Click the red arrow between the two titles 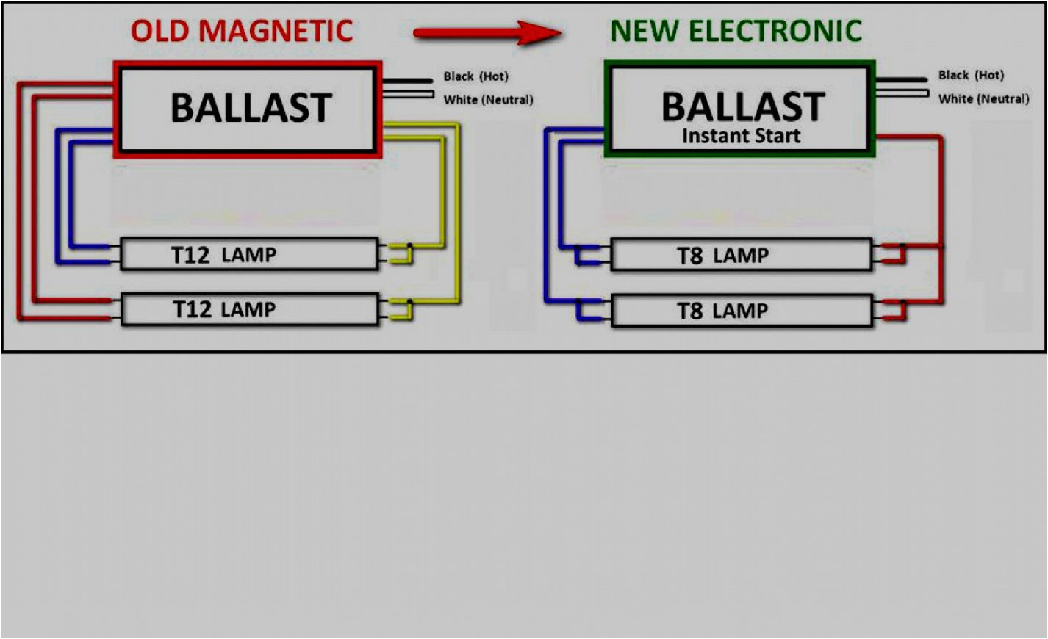click(488, 32)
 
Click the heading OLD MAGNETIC click(242, 31)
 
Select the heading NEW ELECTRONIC click(736, 31)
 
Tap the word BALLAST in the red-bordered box click(251, 108)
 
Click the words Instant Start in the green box click(741, 136)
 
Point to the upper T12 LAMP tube click(249, 255)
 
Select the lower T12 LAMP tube click(249, 309)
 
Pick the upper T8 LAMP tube click(741, 256)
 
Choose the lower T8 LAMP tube click(741, 311)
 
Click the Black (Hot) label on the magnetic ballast click(475, 76)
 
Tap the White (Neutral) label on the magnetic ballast click(488, 100)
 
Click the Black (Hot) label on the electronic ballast click(971, 75)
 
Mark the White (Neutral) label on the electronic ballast click(983, 98)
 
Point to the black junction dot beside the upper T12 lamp click(409, 245)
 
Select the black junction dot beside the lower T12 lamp click(409, 301)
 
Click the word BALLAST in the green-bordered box click(742, 107)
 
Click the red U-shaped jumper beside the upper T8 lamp click(895, 254)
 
